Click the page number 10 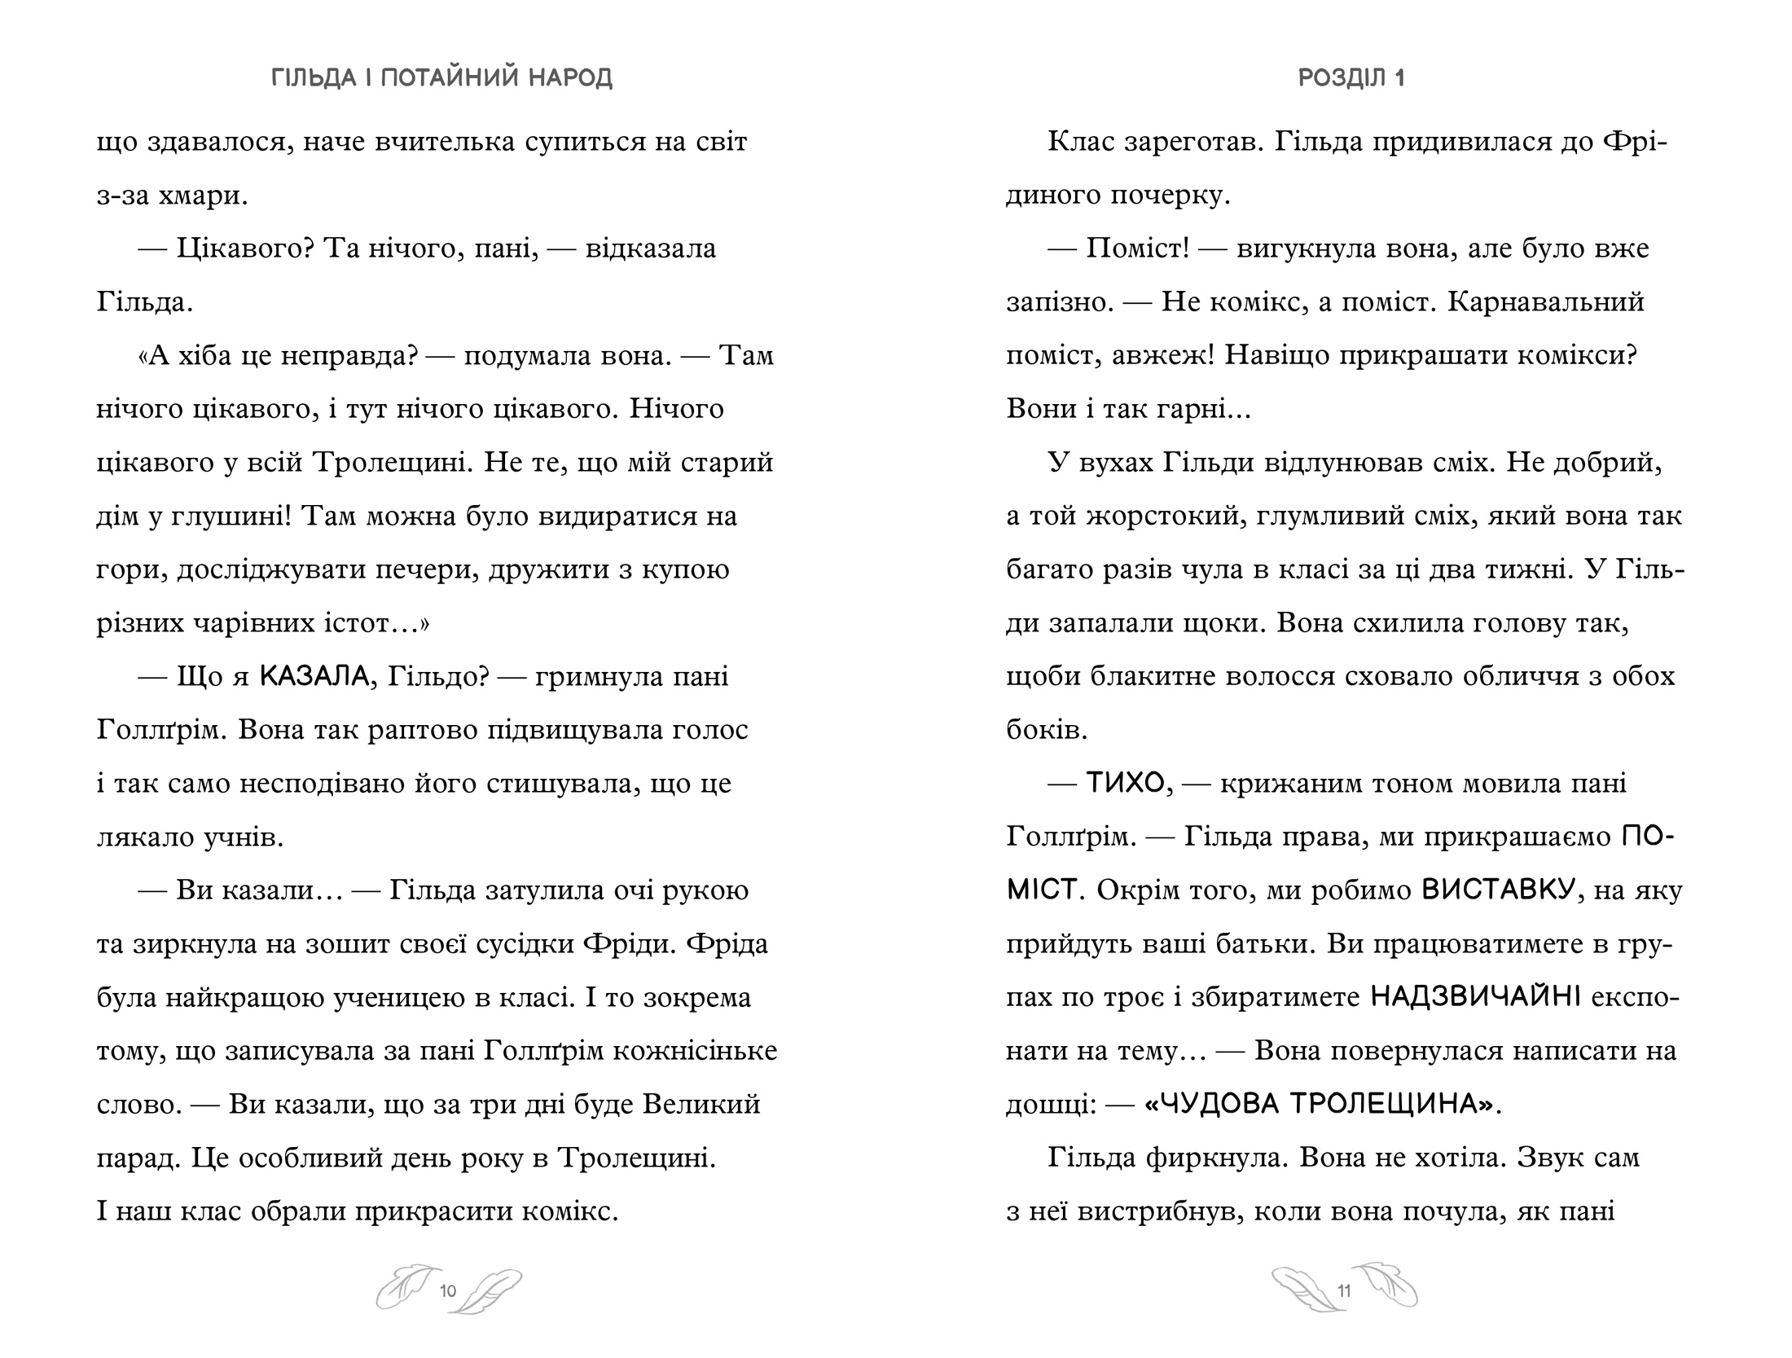point(447,1291)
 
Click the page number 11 point(1344,1291)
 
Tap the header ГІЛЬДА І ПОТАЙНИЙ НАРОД point(441,78)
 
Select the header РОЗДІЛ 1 point(1351,78)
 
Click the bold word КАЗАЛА point(314,676)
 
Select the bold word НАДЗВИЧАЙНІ point(1476,997)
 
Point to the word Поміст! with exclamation point(1137,248)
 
